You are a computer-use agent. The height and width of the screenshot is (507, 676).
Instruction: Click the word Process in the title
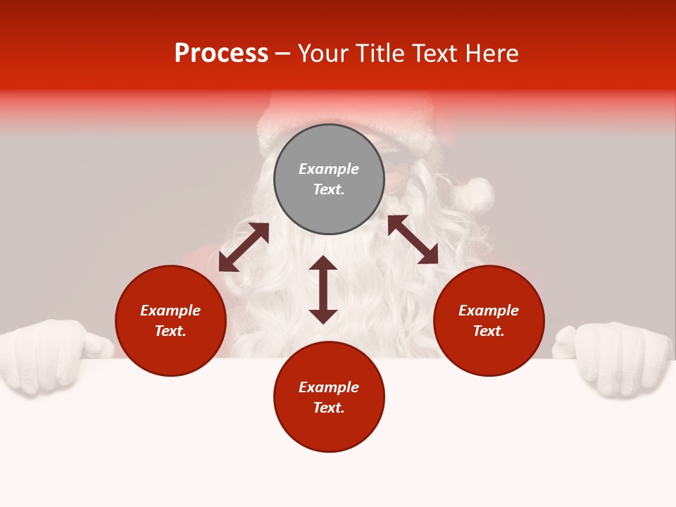(x=221, y=54)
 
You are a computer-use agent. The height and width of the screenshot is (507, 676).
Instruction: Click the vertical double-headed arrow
(x=323, y=289)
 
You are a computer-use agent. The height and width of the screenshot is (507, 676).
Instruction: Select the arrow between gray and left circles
(x=244, y=247)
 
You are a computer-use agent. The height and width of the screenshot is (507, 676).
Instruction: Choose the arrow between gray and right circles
(x=413, y=239)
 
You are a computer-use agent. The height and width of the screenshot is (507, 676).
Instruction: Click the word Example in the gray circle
(x=329, y=169)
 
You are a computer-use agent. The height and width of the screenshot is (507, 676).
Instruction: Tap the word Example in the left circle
(x=170, y=311)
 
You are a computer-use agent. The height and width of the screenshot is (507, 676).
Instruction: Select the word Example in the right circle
(x=489, y=311)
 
